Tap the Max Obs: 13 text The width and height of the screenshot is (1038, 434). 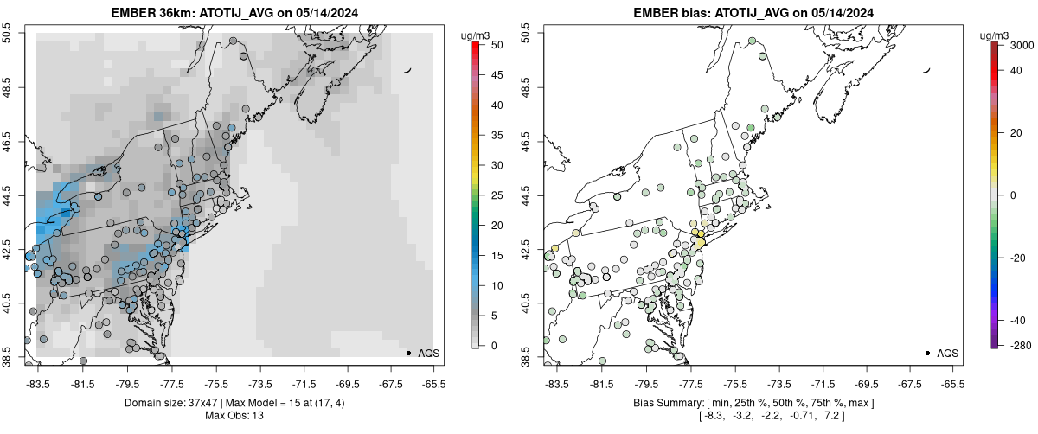pyautogui.click(x=233, y=416)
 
